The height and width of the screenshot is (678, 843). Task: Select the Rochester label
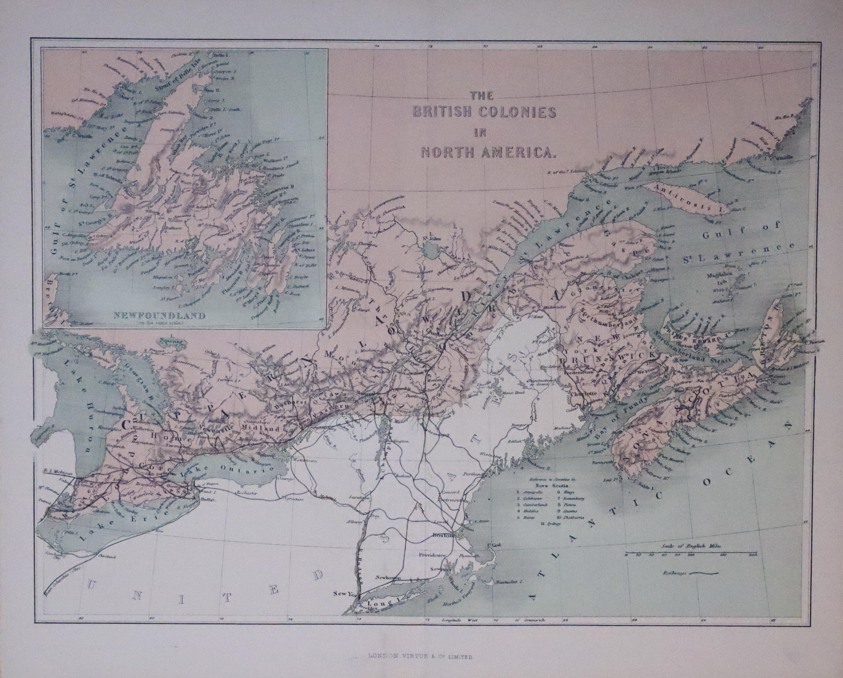248,493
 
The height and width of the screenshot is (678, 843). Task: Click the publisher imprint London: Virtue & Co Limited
421,658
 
